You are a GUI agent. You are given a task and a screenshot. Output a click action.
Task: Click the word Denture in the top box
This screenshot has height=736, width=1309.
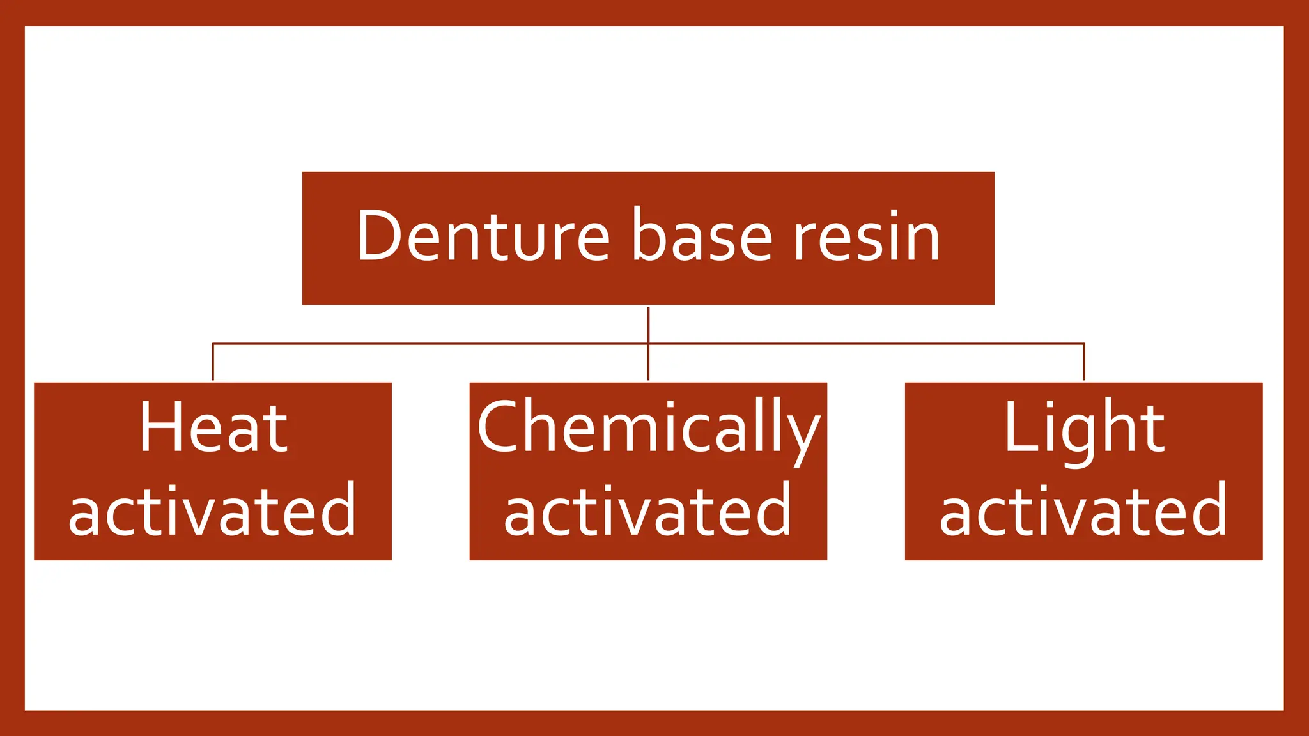(483, 236)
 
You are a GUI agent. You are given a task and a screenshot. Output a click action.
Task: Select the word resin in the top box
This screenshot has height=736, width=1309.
(867, 236)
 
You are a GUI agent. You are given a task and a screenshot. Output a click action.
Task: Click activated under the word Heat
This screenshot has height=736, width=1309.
(212, 511)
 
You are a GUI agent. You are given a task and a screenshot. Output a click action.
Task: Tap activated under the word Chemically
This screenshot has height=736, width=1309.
(648, 511)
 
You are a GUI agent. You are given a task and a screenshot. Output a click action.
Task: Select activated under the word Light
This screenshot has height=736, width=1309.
(1083, 511)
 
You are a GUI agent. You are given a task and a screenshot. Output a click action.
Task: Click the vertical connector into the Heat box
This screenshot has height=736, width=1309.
(213, 363)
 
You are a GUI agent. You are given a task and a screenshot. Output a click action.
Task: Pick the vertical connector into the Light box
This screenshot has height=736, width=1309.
(1084, 363)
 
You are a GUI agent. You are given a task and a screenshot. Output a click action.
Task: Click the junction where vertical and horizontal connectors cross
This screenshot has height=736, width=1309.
(648, 344)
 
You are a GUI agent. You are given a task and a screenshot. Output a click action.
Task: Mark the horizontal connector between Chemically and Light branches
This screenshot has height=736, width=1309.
(866, 344)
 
